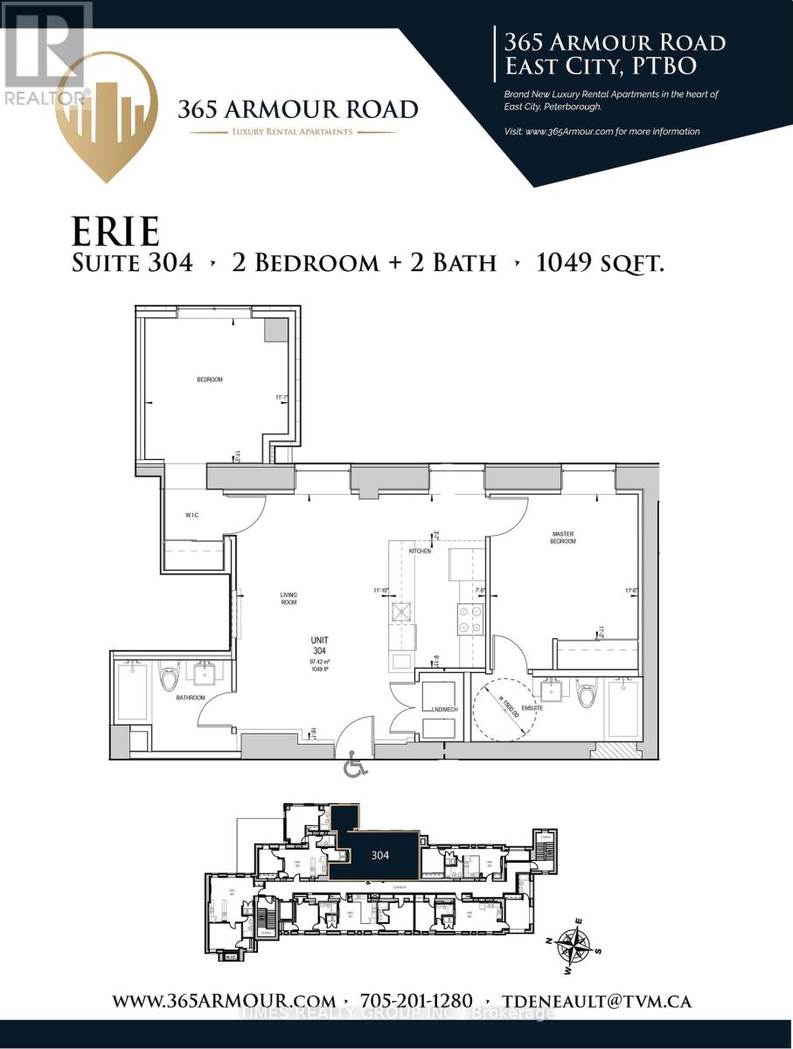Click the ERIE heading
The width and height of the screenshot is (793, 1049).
click(x=116, y=231)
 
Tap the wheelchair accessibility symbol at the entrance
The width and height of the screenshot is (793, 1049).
click(x=355, y=768)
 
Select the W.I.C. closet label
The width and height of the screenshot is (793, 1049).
click(x=191, y=515)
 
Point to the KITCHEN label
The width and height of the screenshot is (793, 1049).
click(x=420, y=551)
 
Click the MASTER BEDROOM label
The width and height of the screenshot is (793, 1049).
click(x=563, y=538)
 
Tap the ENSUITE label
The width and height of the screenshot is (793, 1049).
click(x=532, y=708)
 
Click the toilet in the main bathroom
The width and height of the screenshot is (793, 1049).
click(x=169, y=678)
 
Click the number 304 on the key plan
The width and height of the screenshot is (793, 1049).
click(x=379, y=855)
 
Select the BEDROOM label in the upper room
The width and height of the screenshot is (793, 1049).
click(x=209, y=379)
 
